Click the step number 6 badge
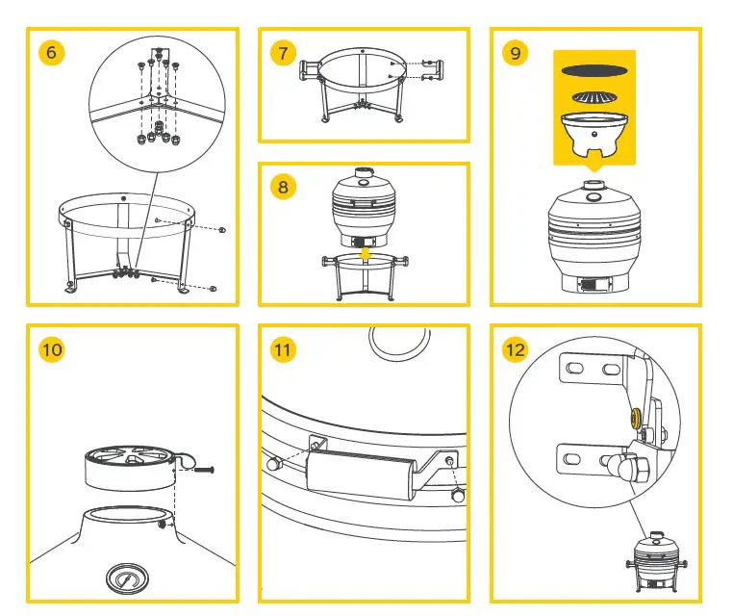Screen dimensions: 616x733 point(51,52)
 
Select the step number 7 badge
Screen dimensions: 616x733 point(282,52)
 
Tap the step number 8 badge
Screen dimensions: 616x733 point(282,186)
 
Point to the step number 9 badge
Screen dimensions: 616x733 point(516,52)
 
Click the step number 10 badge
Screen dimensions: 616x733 point(51,348)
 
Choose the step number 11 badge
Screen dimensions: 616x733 point(282,348)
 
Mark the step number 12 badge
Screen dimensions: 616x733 point(516,348)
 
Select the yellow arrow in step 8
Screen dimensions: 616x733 point(365,253)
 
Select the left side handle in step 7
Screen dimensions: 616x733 point(312,70)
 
